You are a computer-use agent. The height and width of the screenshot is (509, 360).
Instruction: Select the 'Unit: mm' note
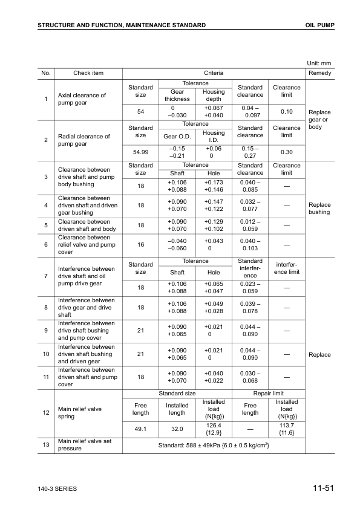pos(319,63)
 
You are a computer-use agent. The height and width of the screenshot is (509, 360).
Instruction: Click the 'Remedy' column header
pos(319,73)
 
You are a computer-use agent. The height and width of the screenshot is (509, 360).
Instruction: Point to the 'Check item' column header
pos(88,73)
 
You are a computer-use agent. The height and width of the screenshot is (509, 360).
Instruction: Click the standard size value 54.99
pos(140,152)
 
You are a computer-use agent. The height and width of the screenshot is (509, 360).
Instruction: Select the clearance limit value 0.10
pos(287,112)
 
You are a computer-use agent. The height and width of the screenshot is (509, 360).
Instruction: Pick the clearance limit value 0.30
pos(287,152)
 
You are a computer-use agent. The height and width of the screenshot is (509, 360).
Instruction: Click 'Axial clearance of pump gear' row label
pos(82,99)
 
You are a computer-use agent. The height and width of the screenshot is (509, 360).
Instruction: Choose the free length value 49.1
pos(140,429)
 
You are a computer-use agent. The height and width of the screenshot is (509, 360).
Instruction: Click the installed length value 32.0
pos(177,429)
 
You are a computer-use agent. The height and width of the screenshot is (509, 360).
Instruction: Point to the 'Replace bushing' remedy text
pos(319,209)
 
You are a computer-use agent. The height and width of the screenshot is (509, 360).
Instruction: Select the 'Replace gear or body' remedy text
pos(319,120)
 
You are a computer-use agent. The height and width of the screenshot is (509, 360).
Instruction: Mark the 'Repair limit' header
pos(269,393)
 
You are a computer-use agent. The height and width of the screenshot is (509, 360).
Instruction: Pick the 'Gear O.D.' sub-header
pos(177,136)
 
